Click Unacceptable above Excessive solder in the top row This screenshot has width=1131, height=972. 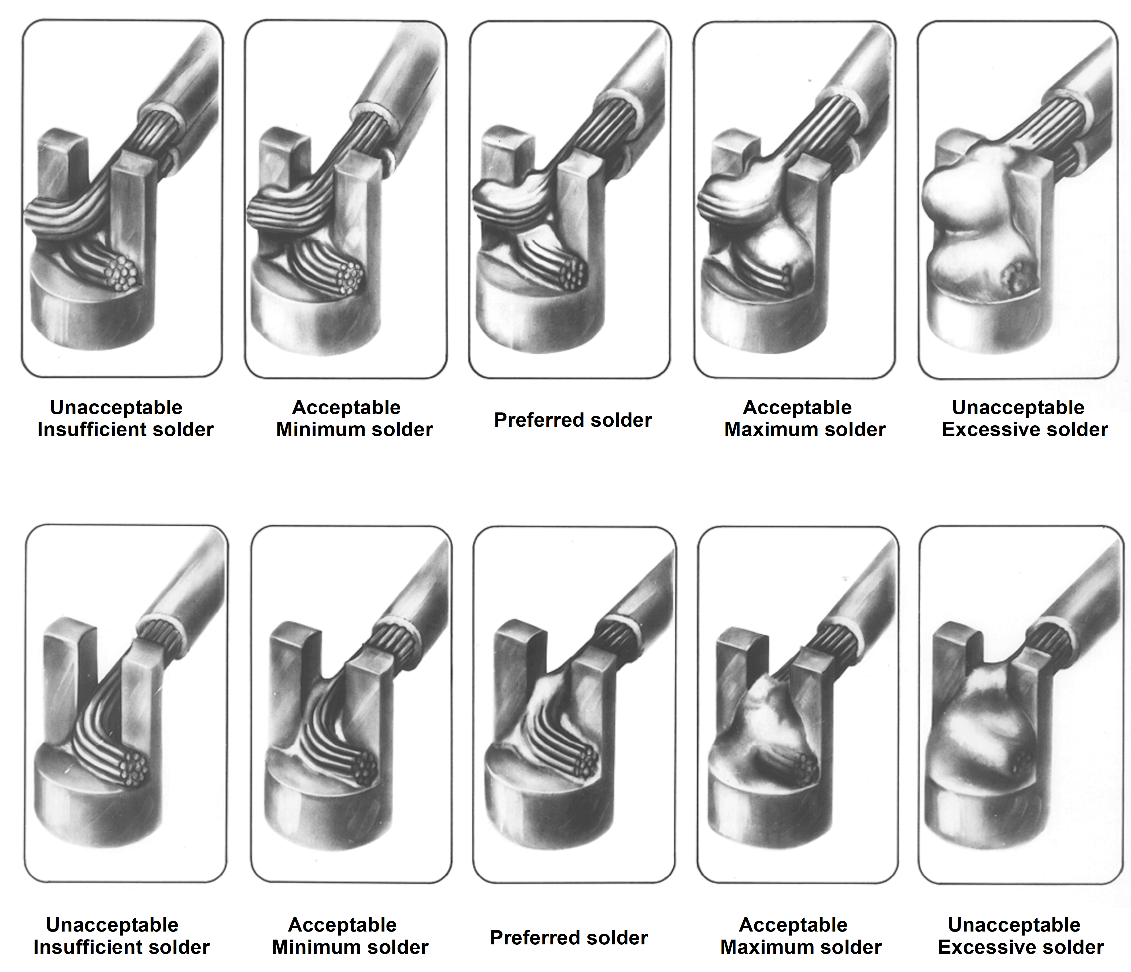(1018, 407)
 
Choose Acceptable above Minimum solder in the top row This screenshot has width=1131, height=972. (347, 407)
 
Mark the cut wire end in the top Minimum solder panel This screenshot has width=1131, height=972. (349, 277)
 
